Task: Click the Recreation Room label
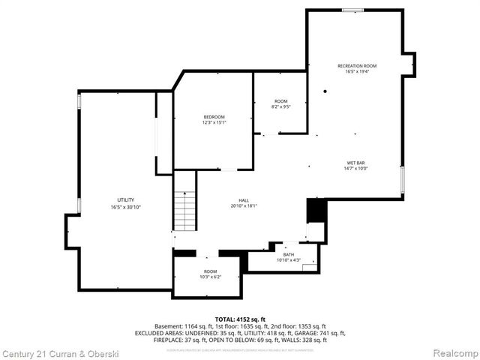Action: (x=356, y=66)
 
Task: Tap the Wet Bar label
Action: (x=356, y=163)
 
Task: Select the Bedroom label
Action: (x=214, y=117)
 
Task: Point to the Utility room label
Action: (x=115, y=199)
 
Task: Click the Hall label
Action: (x=244, y=199)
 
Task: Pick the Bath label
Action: (x=289, y=254)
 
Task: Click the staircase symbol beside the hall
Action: (x=184, y=211)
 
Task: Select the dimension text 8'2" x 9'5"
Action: (x=280, y=106)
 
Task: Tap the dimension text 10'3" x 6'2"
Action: (x=210, y=277)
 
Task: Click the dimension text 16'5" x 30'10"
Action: (x=115, y=206)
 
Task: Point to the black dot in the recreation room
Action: (x=325, y=91)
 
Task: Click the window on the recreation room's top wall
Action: (x=352, y=10)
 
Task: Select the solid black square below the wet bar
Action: (x=316, y=210)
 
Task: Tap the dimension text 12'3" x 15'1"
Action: (x=214, y=123)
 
